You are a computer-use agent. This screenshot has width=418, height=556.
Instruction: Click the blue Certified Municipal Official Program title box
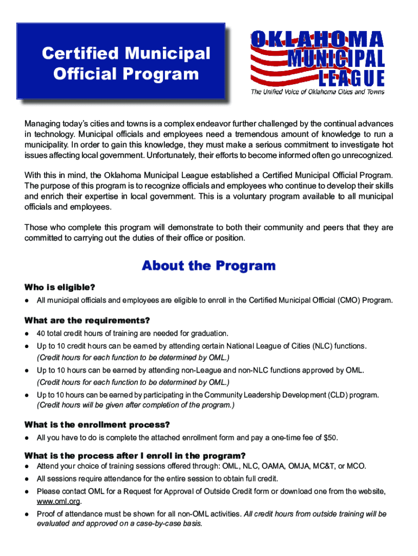121,61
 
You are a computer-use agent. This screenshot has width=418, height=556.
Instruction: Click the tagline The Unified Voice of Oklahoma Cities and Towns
317,92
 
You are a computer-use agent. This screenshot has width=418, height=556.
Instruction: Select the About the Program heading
208,266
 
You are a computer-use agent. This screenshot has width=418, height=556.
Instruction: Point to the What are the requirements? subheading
87,320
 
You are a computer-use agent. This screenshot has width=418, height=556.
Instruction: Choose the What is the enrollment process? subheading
97,425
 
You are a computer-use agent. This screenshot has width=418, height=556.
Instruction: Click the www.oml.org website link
58,501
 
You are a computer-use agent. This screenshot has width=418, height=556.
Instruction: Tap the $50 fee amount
330,438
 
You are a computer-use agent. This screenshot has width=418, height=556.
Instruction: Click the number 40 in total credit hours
41,333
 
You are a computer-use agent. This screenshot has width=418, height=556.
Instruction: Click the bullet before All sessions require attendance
27,479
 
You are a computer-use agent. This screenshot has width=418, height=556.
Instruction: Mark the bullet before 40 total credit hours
27,333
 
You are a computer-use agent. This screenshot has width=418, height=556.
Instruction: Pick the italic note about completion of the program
136,405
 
